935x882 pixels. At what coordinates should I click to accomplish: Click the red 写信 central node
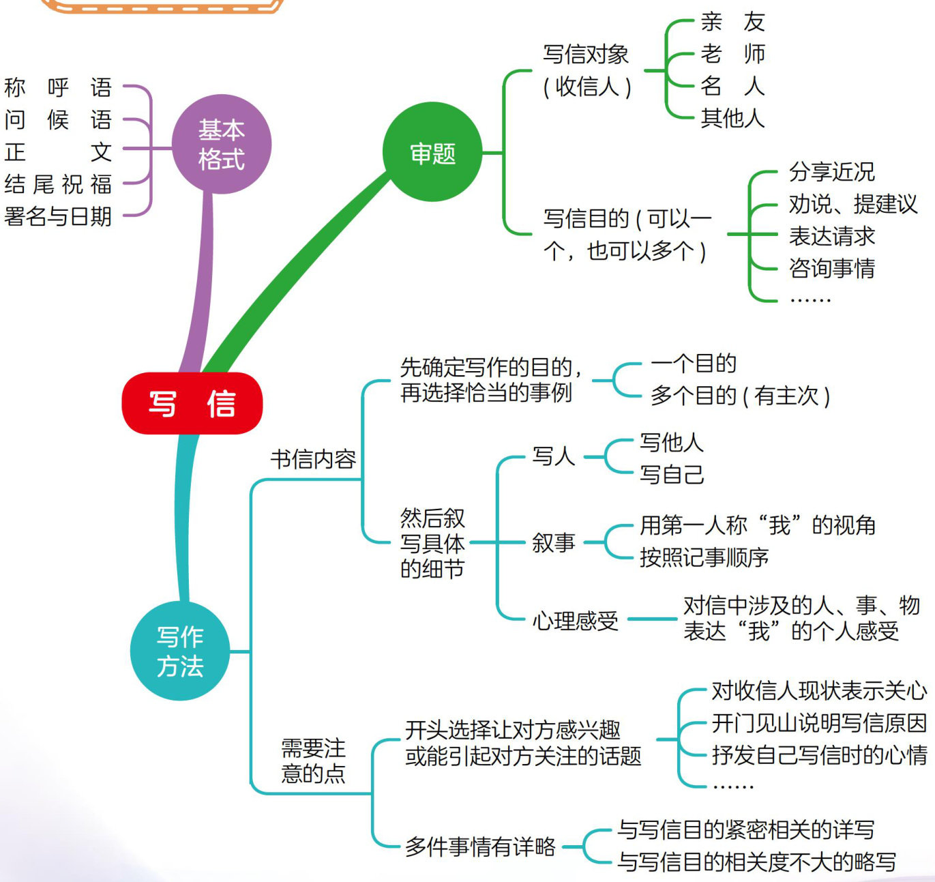tap(192, 403)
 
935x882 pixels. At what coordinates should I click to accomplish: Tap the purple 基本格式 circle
tap(222, 145)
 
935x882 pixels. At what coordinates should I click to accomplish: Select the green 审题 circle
tap(432, 153)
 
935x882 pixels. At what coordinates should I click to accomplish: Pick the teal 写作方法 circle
tap(180, 651)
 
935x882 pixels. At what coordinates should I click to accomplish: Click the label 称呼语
tap(58, 88)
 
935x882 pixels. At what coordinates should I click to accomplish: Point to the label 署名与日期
tap(58, 217)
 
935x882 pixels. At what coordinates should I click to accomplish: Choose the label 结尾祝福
tap(58, 184)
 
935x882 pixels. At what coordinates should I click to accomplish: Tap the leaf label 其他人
tap(732, 119)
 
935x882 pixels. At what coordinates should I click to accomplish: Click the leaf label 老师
tap(732, 54)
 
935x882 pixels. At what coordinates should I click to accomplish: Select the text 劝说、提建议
tap(852, 204)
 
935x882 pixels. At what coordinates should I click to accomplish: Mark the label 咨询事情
tap(831, 268)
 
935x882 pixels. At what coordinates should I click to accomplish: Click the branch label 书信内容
tap(313, 459)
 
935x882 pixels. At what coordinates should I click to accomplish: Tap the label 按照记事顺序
tap(704, 558)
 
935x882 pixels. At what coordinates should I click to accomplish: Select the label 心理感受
tap(575, 621)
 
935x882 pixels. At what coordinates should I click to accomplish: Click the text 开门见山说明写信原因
tap(819, 723)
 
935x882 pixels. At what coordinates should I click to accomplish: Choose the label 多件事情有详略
tap(480, 847)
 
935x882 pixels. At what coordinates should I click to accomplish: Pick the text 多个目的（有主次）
tap(740, 396)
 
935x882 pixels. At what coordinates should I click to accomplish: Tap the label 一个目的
tap(694, 364)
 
